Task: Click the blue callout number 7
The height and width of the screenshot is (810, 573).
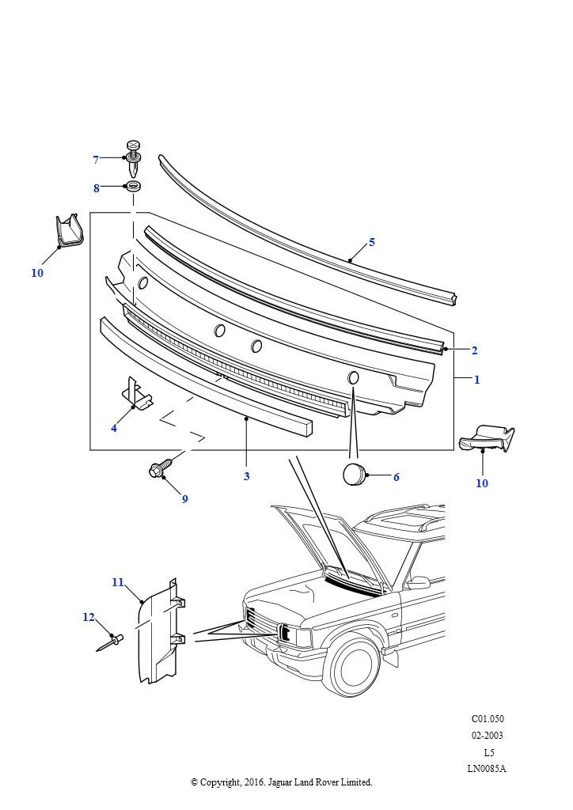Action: [x=96, y=160]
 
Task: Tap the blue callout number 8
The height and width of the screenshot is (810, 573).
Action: [x=96, y=188]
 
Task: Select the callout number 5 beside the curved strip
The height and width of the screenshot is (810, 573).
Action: [x=371, y=242]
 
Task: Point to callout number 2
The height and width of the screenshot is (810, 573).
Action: [x=474, y=350]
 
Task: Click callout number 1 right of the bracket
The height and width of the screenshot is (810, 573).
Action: [x=477, y=380]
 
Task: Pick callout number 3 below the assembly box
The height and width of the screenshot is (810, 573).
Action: [x=246, y=475]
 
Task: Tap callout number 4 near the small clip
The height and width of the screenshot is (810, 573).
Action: [x=114, y=428]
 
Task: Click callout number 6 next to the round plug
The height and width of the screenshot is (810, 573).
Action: [x=397, y=477]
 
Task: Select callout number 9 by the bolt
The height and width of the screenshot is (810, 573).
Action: [x=184, y=498]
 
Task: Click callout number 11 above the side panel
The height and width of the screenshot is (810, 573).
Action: [x=118, y=582]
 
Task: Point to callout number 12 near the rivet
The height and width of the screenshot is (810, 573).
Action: [x=89, y=617]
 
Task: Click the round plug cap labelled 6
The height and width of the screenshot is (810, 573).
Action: [x=354, y=475]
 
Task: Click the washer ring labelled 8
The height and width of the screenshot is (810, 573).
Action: [x=133, y=187]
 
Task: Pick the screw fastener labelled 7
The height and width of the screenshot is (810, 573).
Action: [x=133, y=157]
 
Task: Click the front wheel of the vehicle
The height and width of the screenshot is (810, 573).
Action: [x=356, y=665]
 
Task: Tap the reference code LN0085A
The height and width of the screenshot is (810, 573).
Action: [x=487, y=768]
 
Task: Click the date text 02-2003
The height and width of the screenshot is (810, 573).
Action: [x=487, y=735]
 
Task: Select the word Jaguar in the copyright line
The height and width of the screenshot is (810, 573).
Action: [x=279, y=782]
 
